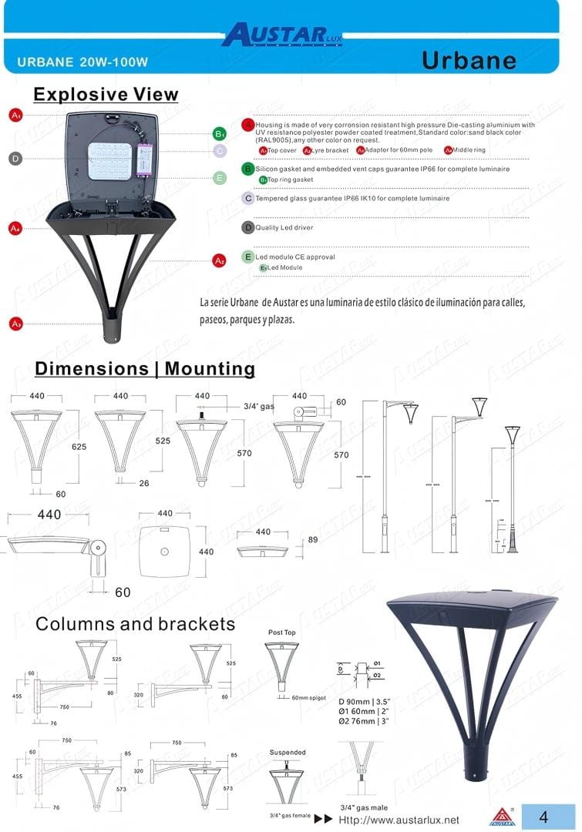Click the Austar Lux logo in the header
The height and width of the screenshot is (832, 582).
click(281, 35)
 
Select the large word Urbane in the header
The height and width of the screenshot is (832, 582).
click(469, 60)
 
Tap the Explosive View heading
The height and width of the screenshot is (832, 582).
click(106, 95)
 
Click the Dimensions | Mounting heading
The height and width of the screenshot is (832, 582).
click(145, 368)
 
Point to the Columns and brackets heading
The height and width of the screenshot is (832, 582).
click(135, 623)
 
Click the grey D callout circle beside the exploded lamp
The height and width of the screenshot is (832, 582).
click(15, 159)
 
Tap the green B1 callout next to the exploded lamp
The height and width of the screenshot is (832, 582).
click(220, 134)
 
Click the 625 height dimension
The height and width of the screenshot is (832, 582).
click(79, 447)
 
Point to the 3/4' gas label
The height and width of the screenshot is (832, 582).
click(258, 406)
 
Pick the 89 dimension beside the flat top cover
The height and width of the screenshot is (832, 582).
click(312, 540)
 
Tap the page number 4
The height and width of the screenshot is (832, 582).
click(543, 817)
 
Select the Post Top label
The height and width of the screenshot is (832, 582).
click(281, 632)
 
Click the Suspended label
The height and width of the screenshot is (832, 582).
click(288, 753)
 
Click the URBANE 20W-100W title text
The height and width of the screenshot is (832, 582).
click(82, 61)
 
